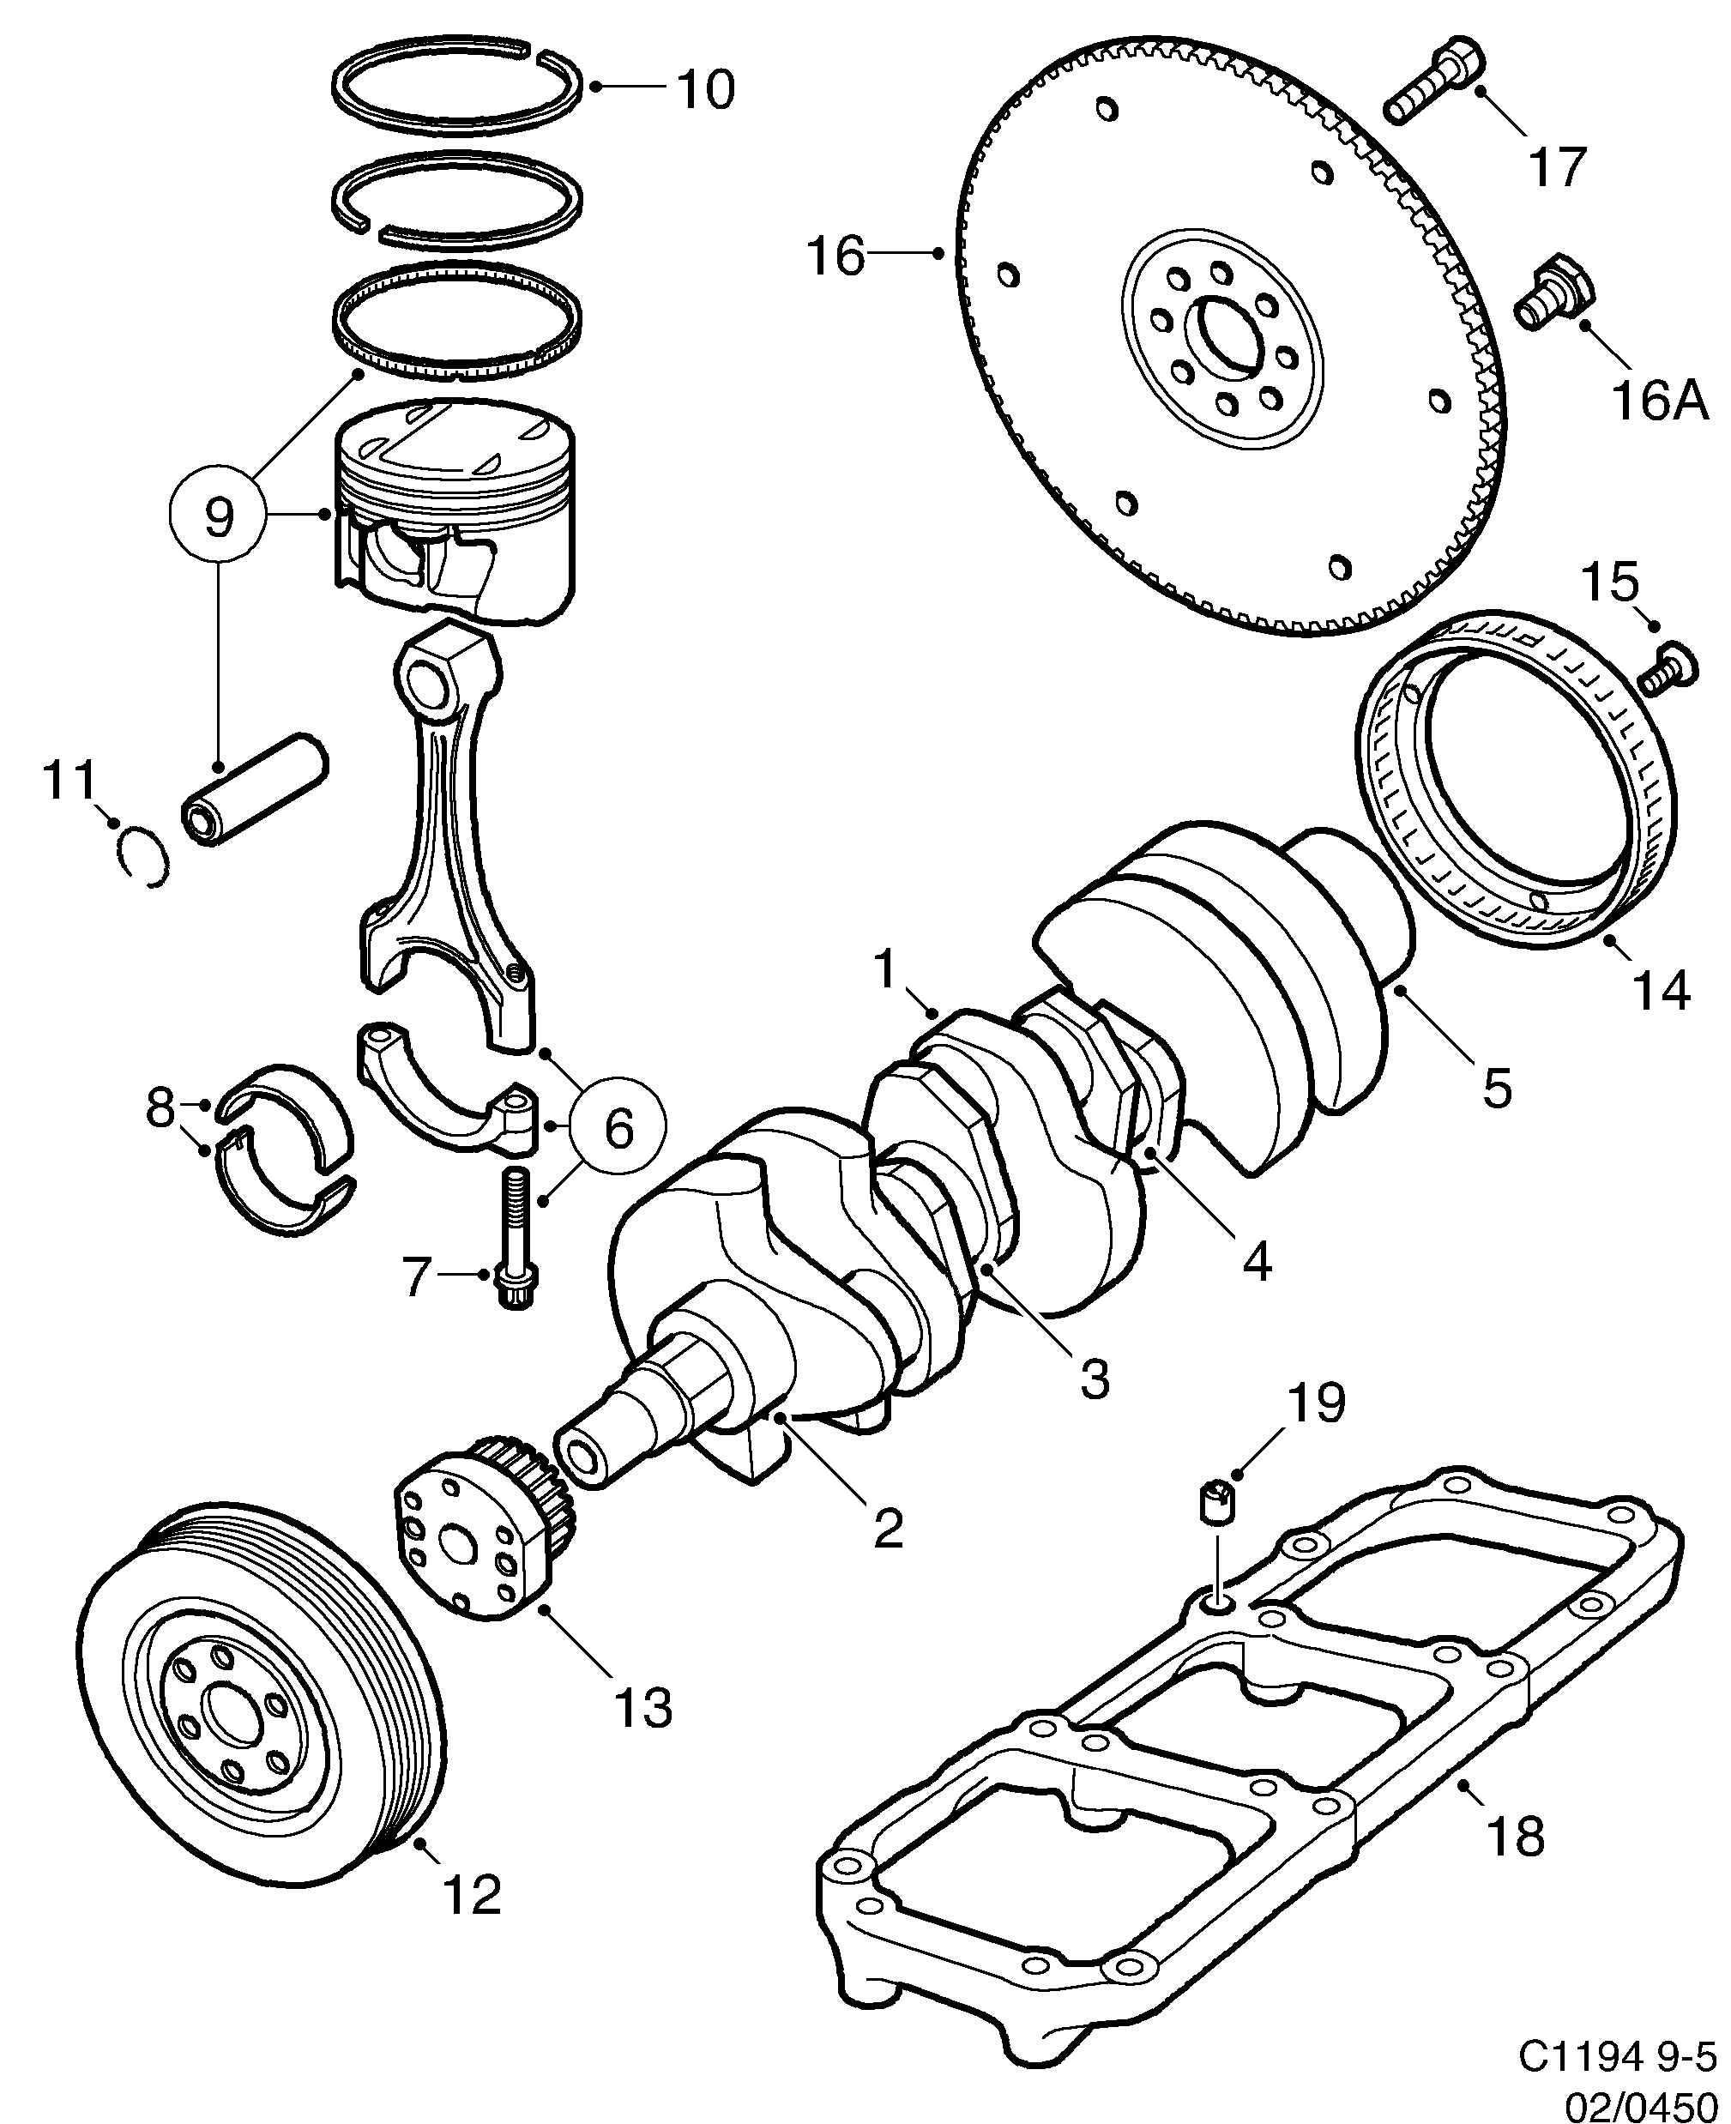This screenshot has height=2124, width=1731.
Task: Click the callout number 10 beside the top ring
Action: click(706, 90)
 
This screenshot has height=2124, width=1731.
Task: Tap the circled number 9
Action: click(219, 516)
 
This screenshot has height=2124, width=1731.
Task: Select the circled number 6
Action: click(618, 1128)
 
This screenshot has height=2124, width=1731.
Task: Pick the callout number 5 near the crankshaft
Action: click(1497, 1087)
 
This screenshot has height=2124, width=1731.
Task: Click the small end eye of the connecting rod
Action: click(430, 683)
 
